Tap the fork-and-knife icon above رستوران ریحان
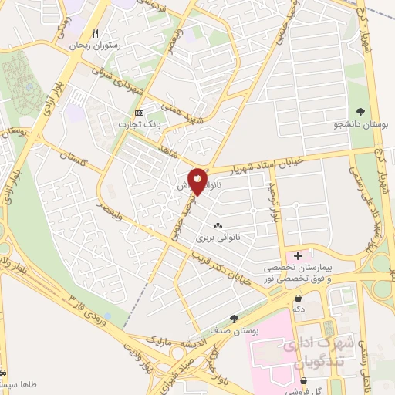point(96,33)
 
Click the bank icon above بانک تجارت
point(139,113)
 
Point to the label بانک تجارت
point(139,124)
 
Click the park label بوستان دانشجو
point(360,123)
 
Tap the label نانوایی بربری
point(218,238)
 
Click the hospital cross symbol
point(298,254)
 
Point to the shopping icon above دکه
point(298,297)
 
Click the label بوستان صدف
point(234,330)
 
